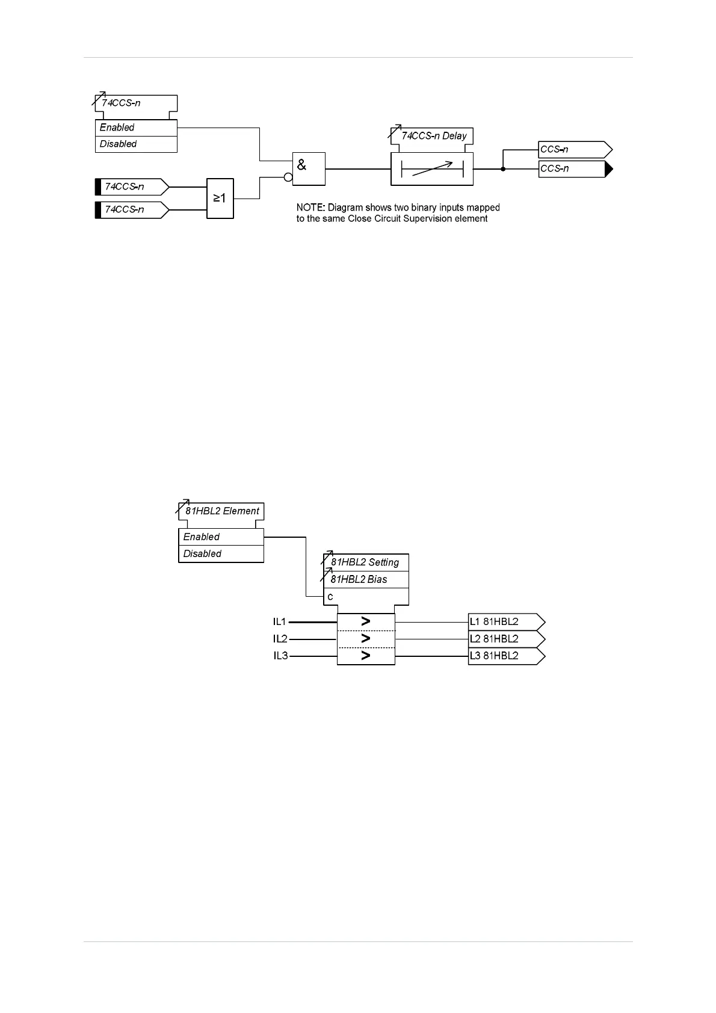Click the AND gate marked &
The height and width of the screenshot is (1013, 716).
tap(309, 168)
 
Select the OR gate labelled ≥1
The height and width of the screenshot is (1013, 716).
tap(220, 198)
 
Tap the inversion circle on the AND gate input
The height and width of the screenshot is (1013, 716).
tap(288, 177)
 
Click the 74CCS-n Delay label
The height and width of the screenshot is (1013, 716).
tap(434, 136)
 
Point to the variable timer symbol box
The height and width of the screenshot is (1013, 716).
tap(432, 169)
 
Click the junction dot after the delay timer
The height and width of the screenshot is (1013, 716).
tap(503, 169)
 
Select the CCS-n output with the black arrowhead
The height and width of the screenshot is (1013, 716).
tap(575, 169)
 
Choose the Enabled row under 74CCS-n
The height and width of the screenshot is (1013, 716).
tap(136, 128)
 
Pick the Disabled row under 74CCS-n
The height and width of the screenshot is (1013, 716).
tap(136, 144)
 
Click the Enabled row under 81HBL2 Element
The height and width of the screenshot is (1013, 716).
tap(221, 537)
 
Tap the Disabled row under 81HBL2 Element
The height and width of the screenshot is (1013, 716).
tap(221, 554)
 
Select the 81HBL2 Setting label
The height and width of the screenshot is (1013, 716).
tap(365, 562)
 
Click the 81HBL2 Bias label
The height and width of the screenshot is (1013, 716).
tap(359, 579)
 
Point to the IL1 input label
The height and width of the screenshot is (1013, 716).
tap(280, 621)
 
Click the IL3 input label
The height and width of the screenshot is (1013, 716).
tap(280, 656)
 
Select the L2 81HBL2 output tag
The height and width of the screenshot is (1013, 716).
tap(506, 639)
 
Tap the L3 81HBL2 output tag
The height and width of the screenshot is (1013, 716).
tap(506, 656)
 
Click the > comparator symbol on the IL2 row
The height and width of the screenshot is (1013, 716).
tap(365, 638)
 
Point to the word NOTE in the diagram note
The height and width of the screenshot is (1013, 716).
tap(310, 208)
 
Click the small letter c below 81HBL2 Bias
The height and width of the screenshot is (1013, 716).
tap(330, 597)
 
